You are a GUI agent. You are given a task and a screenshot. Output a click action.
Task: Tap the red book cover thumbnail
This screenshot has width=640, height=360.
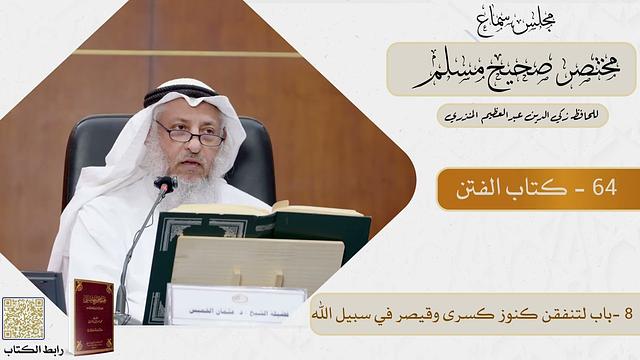pyautogui.click(x=94, y=314)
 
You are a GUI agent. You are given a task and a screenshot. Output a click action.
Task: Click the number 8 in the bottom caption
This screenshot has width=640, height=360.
pyautogui.click(x=627, y=313)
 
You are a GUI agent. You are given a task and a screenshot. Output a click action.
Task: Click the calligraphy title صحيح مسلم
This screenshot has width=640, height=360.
pyautogui.click(x=500, y=70)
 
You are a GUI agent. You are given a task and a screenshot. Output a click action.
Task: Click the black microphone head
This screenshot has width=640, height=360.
pyautogui.click(x=165, y=186)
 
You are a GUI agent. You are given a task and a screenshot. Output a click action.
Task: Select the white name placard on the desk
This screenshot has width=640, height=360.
pyautogui.click(x=237, y=301)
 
